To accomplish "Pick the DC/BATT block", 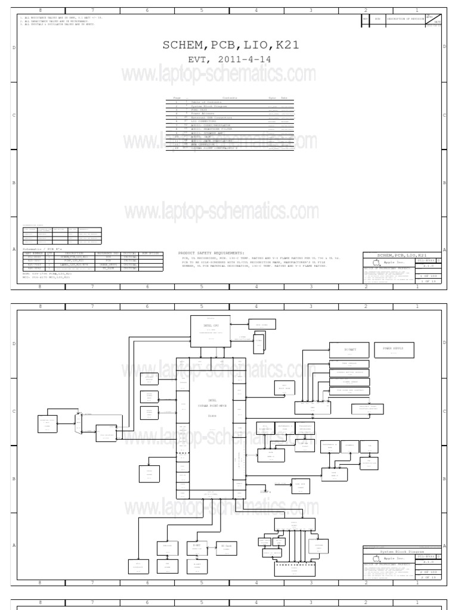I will click(x=349, y=349).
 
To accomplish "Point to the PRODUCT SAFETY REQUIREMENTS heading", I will click(x=211, y=253).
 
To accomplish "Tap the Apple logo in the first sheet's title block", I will click(x=375, y=262).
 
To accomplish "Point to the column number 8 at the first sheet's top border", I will click(x=40, y=11).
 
